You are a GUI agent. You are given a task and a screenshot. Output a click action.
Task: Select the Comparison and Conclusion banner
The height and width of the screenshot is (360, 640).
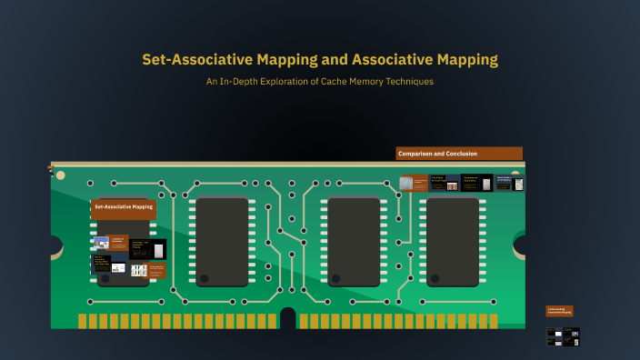pyautogui.click(x=459, y=154)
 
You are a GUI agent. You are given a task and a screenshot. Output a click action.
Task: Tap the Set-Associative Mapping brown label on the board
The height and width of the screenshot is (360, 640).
pyautogui.click(x=124, y=207)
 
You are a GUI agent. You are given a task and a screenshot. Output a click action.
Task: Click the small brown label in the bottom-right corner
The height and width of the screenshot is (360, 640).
pyautogui.click(x=559, y=311)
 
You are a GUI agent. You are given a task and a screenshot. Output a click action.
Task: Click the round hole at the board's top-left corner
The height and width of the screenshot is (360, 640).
pyautogui.click(x=61, y=175)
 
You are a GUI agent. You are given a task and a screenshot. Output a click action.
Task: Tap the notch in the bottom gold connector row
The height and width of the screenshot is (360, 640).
pyautogui.click(x=288, y=318)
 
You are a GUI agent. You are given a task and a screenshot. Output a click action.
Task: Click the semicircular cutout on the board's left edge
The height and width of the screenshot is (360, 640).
pyautogui.click(x=55, y=245)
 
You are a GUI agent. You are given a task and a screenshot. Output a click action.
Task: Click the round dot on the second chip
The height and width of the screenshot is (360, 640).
pyautogui.click(x=204, y=278)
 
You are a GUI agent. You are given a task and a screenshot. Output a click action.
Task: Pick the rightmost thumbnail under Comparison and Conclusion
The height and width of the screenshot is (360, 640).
pyautogui.click(x=509, y=183)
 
